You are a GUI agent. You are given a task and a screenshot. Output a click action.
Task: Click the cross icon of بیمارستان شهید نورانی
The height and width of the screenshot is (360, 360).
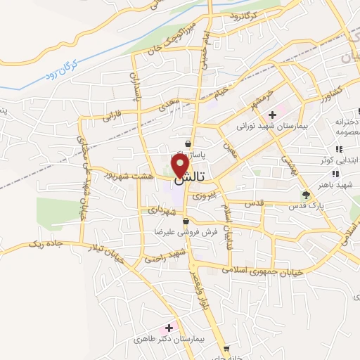click(x=272, y=115)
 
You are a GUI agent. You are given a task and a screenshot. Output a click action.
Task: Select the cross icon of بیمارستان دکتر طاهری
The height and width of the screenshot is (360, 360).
click(x=169, y=328)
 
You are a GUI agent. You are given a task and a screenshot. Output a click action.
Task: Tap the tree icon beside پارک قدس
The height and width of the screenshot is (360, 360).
click(x=305, y=195)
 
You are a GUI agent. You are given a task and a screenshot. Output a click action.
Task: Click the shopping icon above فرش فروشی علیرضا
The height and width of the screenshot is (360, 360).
click(x=185, y=221)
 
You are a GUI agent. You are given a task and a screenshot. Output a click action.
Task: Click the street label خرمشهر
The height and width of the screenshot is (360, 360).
click(x=254, y=103)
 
